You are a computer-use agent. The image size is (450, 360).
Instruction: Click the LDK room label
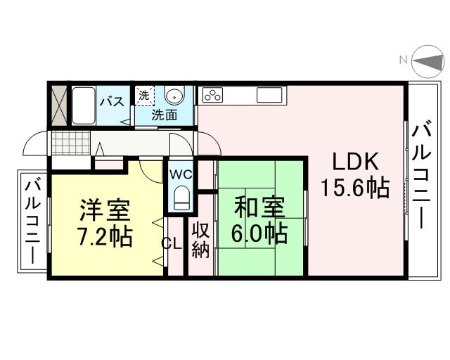point(354,162)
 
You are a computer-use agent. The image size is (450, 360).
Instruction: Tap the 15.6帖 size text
point(354,188)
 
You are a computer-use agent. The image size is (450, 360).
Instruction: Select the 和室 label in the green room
point(259,207)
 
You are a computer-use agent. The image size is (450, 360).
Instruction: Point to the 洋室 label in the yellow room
point(105,210)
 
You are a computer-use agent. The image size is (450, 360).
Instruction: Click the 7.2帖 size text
point(105,238)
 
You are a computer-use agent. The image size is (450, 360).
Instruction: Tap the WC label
point(181,174)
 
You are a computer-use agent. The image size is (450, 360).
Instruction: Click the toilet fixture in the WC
point(181,198)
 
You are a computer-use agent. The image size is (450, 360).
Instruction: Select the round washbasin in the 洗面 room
point(174,96)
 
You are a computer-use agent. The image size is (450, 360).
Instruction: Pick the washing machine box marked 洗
point(145,96)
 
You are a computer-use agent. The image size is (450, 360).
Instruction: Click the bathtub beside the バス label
point(84,105)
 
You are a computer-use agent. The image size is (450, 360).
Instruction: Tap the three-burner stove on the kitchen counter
point(212,95)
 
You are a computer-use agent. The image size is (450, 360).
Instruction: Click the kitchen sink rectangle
point(269,95)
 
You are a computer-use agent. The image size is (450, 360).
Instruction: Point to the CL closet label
point(172,244)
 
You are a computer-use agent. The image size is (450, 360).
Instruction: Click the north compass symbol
point(427,61)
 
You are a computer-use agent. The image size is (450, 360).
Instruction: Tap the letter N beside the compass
point(404,60)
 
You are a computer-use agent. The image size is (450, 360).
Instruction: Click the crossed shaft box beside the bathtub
point(59,105)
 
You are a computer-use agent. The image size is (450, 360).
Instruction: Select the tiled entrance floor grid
point(71,143)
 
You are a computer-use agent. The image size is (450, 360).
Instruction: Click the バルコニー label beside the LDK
point(422,175)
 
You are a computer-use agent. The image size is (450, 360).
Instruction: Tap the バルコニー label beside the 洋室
point(33,221)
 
